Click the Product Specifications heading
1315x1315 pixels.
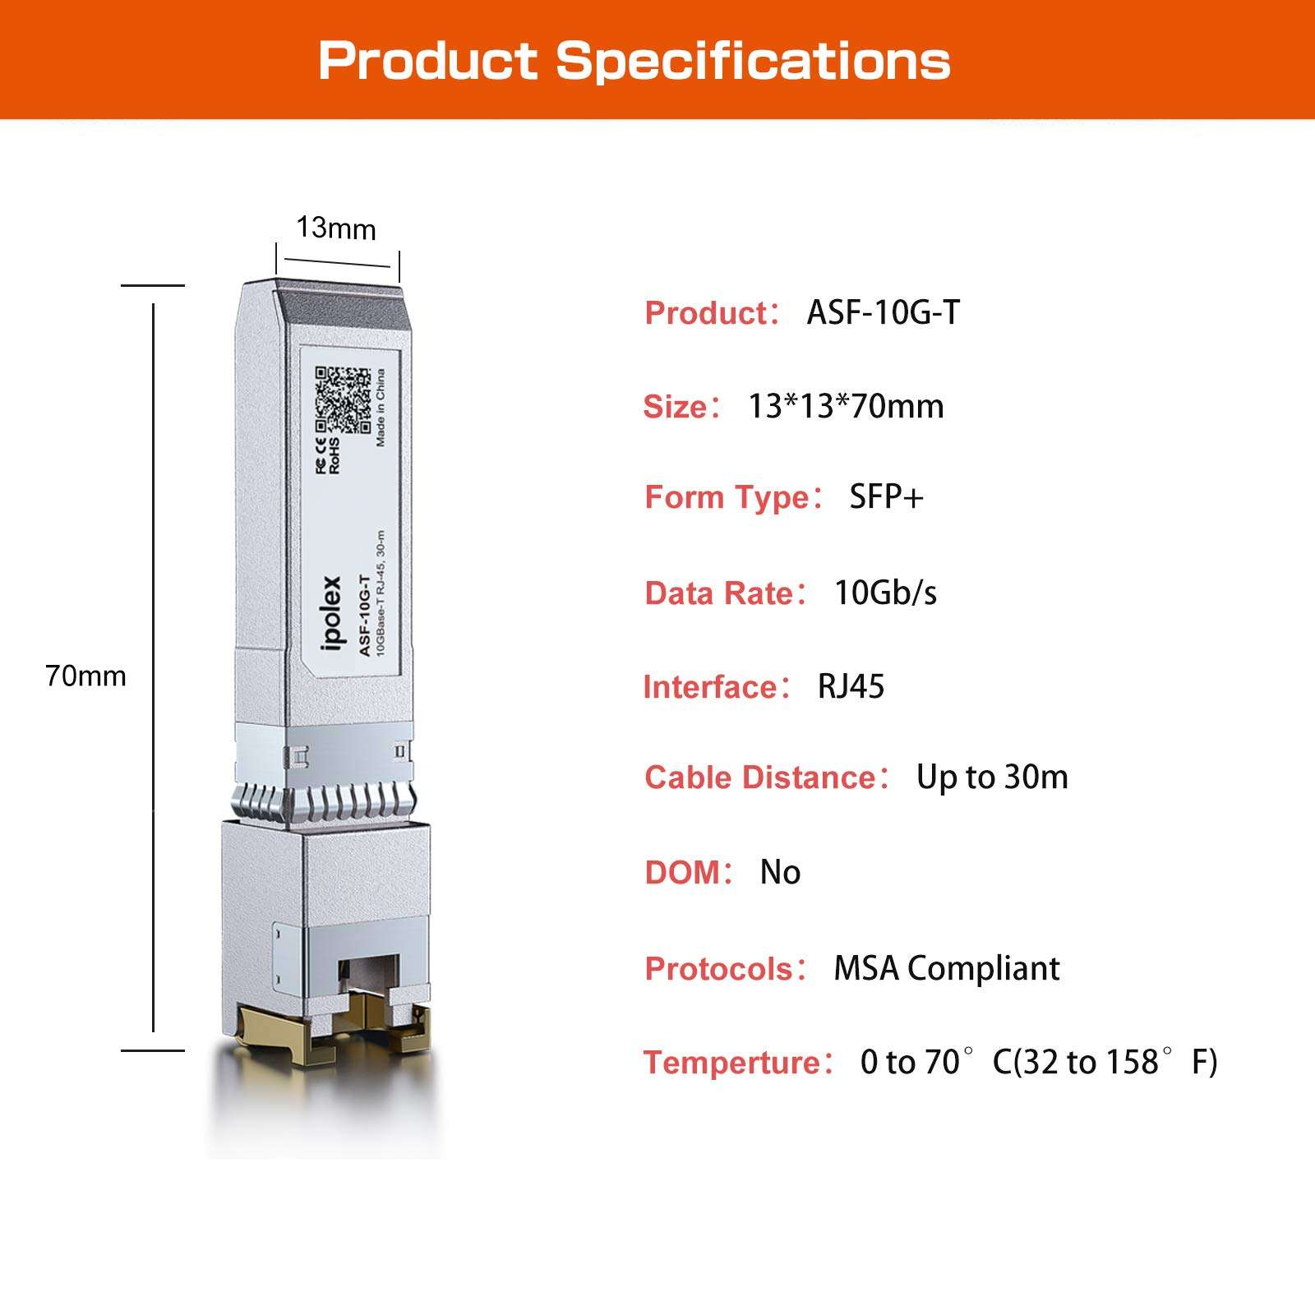(x=634, y=61)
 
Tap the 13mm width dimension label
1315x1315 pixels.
(x=335, y=228)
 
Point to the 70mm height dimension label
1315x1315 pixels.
(x=86, y=676)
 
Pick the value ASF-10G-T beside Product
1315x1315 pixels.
(x=883, y=312)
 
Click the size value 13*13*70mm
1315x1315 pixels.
(x=846, y=406)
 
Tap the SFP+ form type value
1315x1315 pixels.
(x=886, y=497)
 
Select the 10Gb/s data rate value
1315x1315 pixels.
(x=885, y=593)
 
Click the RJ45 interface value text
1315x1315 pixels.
(x=851, y=686)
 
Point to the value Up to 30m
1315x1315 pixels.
(x=992, y=777)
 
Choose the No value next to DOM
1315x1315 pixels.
(x=780, y=872)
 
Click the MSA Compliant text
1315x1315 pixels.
(x=946, y=968)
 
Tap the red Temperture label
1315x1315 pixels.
(x=732, y=1063)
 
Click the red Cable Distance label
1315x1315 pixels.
(x=761, y=777)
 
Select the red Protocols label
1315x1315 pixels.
(x=718, y=969)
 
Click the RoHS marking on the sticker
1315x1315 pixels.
(x=335, y=456)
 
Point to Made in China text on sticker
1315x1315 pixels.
(x=380, y=408)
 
